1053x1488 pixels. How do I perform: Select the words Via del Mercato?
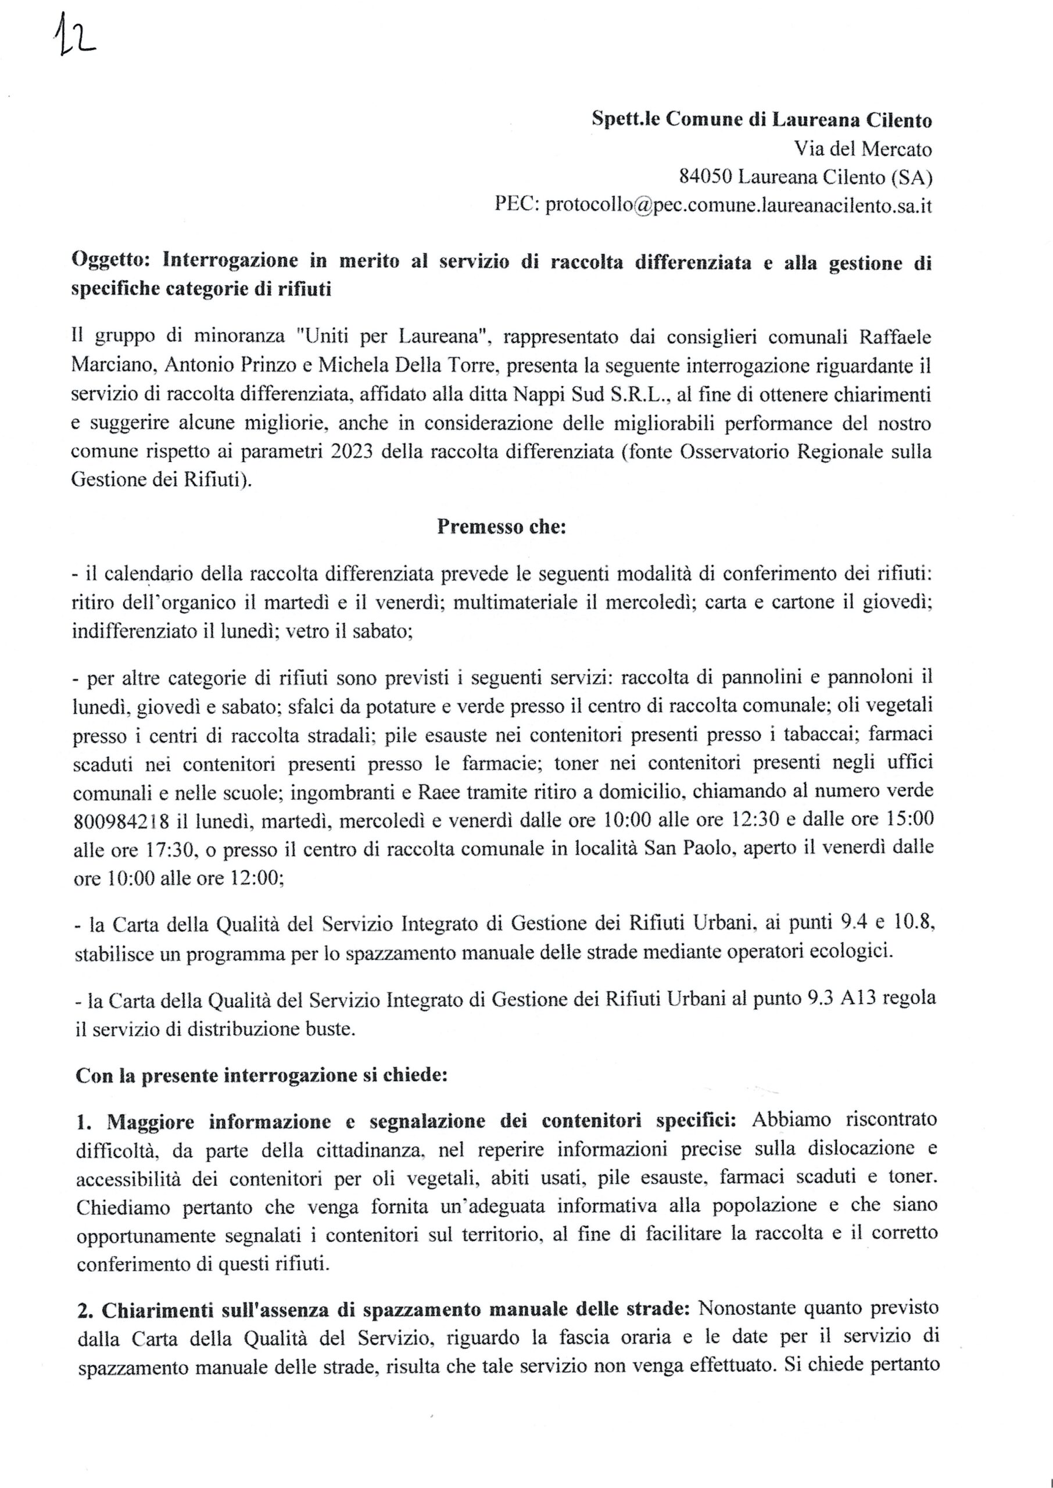[863, 149]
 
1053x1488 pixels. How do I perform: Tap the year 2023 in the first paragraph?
[351, 450]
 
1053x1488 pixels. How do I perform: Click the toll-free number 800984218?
[121, 821]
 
